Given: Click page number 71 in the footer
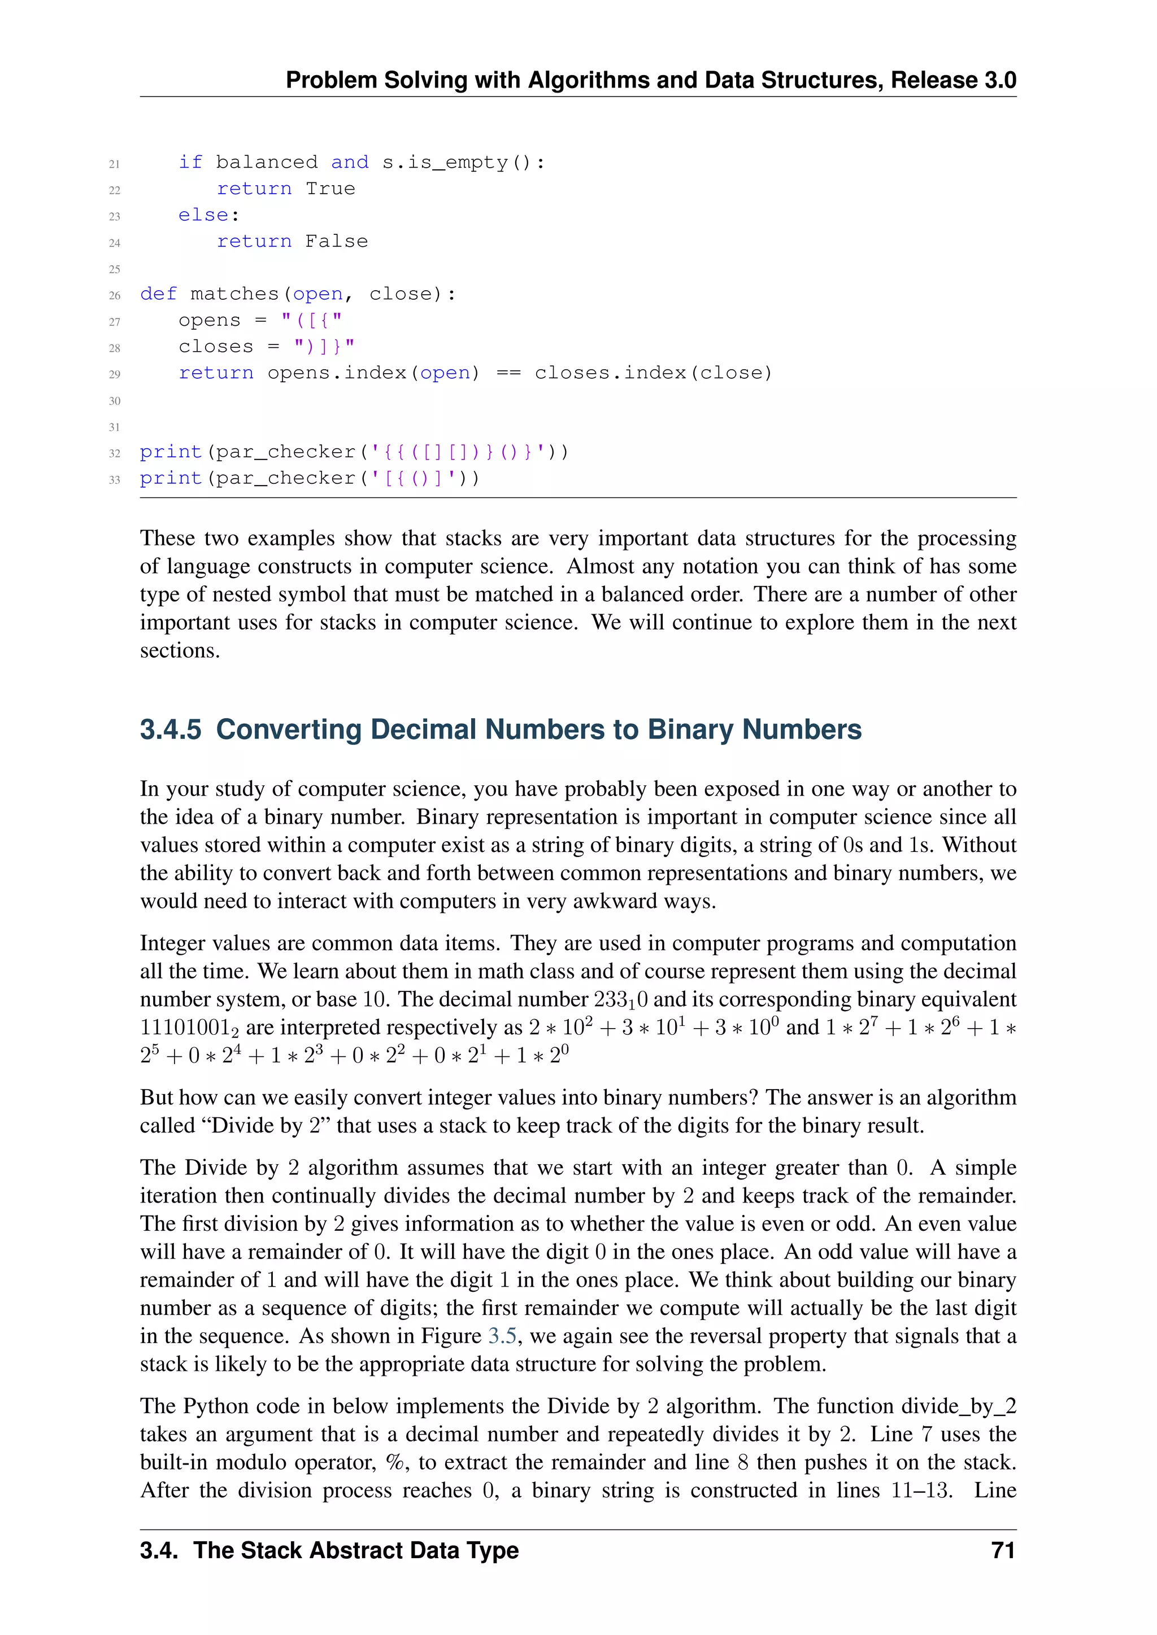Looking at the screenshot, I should coord(1003,1551).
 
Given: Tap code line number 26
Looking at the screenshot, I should coord(115,295).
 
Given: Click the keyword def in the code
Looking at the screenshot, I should coord(158,294).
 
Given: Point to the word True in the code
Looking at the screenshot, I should coord(330,189).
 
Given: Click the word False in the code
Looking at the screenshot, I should coord(336,242).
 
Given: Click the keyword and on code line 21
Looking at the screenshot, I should coord(350,163).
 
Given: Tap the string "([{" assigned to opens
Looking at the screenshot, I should coord(311,321).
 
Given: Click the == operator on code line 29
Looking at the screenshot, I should coord(507,373).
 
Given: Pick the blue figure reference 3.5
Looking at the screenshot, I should coord(502,1336).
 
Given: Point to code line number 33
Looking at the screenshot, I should coord(115,480).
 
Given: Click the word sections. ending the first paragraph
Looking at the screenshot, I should coord(180,651).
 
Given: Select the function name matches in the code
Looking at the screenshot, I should coord(234,294).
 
